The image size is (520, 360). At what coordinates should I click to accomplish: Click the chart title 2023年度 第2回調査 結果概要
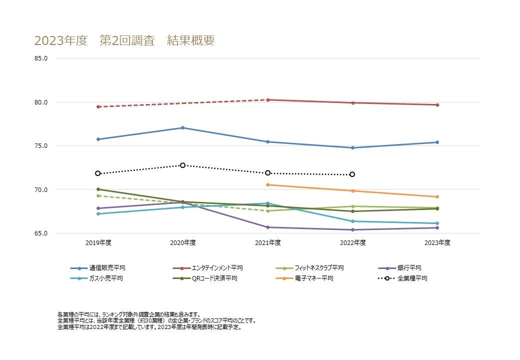click(124, 40)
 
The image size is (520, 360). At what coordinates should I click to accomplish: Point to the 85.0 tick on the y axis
click(41, 58)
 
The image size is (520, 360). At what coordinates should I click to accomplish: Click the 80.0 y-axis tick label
click(41, 102)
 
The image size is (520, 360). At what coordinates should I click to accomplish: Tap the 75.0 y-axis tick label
click(41, 146)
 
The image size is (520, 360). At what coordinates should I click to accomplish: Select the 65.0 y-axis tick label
click(41, 233)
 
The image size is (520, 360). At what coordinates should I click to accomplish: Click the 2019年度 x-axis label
click(98, 243)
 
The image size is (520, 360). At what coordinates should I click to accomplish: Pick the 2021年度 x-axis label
click(268, 243)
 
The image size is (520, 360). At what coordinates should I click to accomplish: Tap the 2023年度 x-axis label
click(437, 243)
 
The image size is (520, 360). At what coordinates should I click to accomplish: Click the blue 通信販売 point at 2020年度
click(182, 128)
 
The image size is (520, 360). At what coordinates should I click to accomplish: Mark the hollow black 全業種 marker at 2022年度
click(352, 174)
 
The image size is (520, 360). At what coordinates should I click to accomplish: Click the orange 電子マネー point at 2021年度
click(268, 185)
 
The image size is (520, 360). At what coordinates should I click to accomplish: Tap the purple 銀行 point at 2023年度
click(437, 228)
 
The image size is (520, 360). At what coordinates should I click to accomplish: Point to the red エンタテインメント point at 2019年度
click(98, 107)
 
